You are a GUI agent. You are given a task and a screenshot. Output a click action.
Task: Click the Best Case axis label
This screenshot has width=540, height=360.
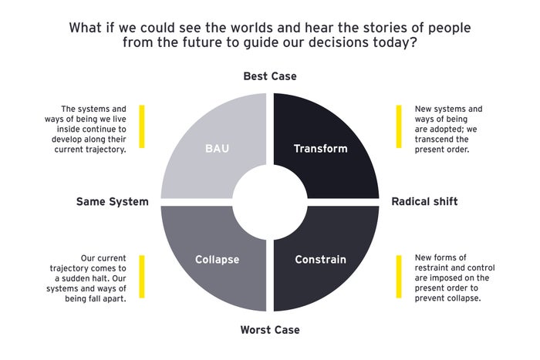[269, 76]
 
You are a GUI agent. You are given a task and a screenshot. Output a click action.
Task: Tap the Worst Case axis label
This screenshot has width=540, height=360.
[269, 329]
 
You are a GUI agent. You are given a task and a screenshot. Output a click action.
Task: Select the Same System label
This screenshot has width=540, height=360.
[112, 201]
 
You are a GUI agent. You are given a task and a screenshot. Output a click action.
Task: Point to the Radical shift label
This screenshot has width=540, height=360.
[424, 201]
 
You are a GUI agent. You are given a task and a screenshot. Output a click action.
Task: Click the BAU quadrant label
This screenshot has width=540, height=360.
[216, 148]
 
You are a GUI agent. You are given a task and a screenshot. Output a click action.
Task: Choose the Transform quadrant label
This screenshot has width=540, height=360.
[321, 148]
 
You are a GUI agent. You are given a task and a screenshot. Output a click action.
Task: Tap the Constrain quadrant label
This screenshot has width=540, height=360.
[322, 259]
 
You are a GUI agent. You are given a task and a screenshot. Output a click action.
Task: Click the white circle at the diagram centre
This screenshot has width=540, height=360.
[270, 202]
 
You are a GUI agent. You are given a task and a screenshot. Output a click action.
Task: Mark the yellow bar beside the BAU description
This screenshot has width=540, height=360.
[142, 126]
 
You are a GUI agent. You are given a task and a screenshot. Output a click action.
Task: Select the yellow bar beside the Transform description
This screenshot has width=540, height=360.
[399, 126]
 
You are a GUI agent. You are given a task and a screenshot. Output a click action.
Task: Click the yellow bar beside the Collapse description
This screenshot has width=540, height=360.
[142, 276]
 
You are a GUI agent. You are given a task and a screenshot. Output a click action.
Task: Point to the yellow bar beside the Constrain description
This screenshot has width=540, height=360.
[399, 276]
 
